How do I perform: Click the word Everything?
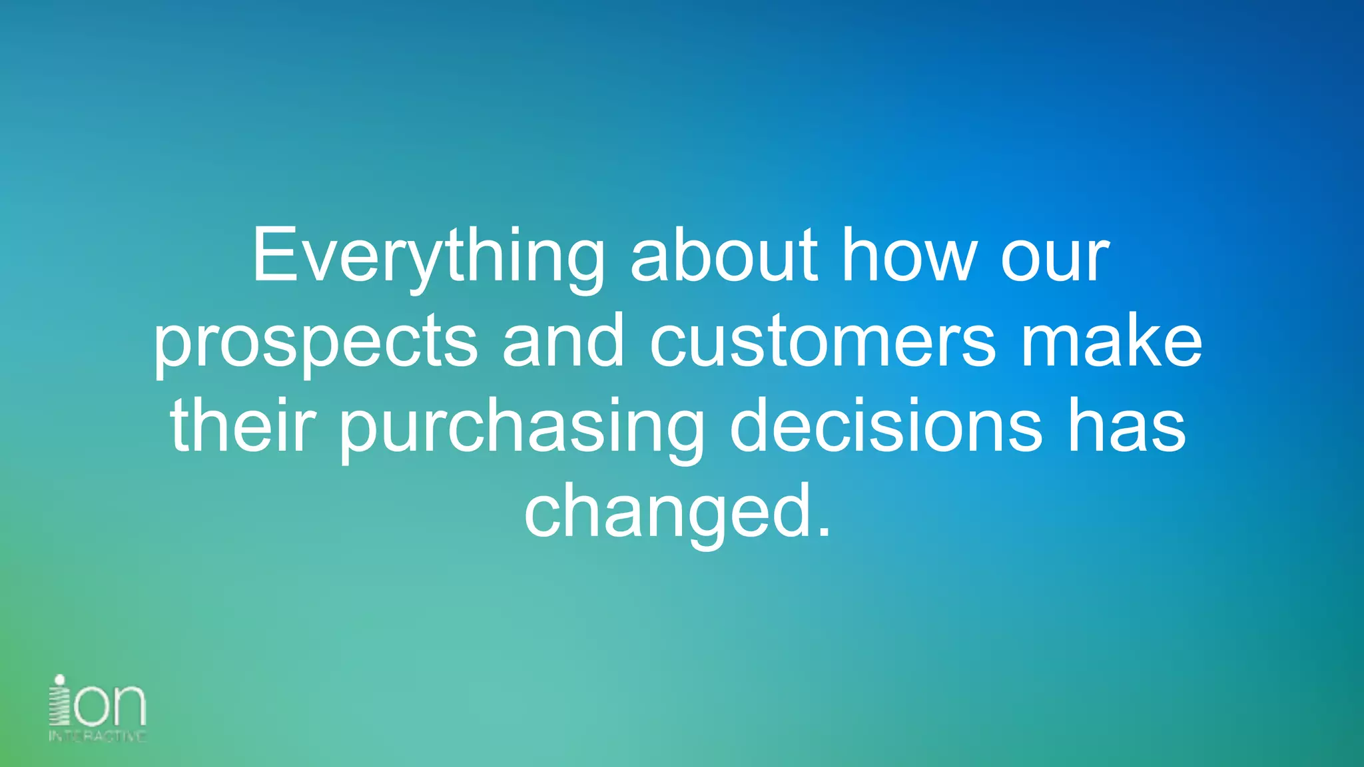[428, 256]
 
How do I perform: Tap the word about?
[723, 256]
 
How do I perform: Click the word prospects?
[315, 343]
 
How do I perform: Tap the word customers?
[823, 343]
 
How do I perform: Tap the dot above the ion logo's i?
[60, 680]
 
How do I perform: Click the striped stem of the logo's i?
[60, 707]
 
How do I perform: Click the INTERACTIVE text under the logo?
[97, 736]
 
